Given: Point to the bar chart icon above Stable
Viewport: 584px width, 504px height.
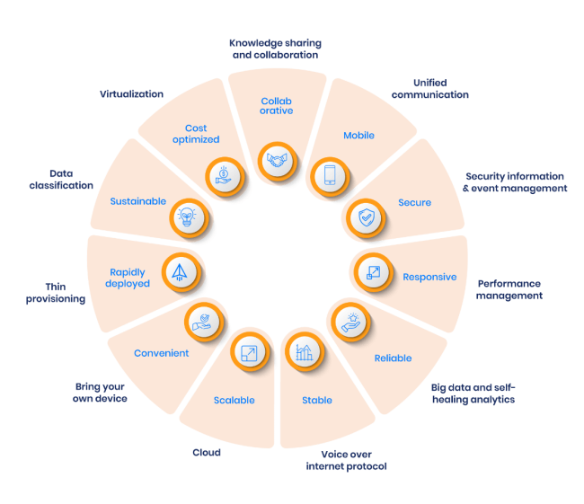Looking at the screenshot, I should [x=303, y=351].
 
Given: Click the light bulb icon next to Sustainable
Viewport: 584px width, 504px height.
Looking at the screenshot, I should [x=187, y=217].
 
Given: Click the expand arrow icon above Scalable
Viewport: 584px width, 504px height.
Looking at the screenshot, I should [x=247, y=351].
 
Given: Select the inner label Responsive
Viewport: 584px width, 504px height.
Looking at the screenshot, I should [x=429, y=277].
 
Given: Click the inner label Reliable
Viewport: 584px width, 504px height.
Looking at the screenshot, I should [x=393, y=358].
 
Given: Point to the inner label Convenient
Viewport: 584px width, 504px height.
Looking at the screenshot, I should [x=161, y=353].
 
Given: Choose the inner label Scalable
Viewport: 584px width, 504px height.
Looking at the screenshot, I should [x=234, y=401].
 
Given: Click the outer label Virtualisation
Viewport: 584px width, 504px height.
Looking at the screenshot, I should [x=131, y=93].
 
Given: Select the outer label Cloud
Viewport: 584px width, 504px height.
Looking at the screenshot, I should [x=206, y=453].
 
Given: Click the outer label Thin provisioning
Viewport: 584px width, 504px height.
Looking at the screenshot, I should [x=56, y=293].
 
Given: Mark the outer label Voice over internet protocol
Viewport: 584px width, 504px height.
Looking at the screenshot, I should [x=346, y=460].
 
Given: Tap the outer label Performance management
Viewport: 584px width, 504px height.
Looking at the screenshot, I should [x=509, y=288].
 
